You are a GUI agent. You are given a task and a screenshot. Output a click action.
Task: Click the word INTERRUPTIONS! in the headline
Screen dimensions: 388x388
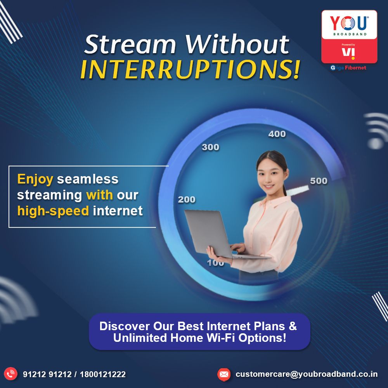coord(190,69)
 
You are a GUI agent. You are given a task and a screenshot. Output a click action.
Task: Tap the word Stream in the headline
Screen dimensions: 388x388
coord(130,45)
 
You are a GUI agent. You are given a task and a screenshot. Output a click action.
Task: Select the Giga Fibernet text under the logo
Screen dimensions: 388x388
coord(348,68)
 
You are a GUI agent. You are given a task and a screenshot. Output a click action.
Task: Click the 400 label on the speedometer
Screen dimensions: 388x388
coord(277,134)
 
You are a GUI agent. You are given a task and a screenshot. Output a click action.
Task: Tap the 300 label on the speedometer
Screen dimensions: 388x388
coord(211,147)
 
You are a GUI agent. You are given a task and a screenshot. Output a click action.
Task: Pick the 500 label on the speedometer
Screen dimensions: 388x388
coord(319,181)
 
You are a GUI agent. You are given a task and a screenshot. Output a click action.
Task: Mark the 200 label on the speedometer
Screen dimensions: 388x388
coord(187,199)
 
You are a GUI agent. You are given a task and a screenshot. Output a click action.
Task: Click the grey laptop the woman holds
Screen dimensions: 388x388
coord(218,234)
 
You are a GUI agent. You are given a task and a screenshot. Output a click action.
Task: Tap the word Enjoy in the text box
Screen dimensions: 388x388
coord(35,179)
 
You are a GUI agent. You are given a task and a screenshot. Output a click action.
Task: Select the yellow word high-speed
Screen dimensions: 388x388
coord(53,211)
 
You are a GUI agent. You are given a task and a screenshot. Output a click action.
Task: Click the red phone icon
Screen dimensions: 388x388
coord(10,374)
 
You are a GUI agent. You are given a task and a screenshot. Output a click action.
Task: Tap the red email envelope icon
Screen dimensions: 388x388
coord(224,374)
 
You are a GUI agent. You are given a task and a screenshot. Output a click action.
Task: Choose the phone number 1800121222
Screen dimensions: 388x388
coord(103,374)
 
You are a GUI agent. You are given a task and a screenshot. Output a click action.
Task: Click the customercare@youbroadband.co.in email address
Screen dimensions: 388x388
coord(307,374)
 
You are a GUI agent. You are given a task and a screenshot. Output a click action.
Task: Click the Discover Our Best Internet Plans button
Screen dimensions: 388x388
coord(199,332)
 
